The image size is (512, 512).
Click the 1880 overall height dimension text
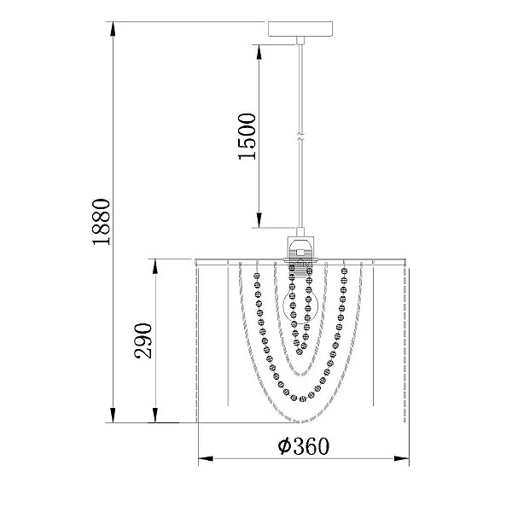(x=102, y=222)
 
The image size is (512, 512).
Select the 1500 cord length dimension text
(x=247, y=137)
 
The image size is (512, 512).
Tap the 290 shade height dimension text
(x=143, y=340)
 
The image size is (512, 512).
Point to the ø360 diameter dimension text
(x=303, y=446)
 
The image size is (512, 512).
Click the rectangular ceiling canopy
(x=300, y=29)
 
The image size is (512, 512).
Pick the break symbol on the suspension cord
(x=300, y=137)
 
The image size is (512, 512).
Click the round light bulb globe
(x=300, y=306)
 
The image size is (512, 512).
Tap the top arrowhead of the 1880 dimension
(x=113, y=29)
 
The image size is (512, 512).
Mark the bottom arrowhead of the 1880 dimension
(x=113, y=416)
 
